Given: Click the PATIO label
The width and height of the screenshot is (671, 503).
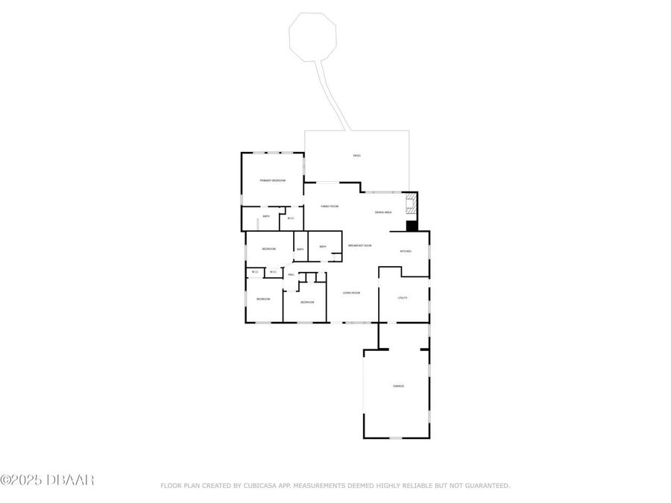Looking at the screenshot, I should click(x=357, y=155).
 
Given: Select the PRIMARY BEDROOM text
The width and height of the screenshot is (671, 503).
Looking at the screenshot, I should click(x=272, y=180).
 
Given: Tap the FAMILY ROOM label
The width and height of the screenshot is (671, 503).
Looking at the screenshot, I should click(x=330, y=206).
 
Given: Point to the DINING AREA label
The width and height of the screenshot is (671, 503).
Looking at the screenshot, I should click(x=383, y=212).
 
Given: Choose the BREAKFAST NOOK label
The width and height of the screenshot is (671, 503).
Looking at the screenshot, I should click(x=359, y=245).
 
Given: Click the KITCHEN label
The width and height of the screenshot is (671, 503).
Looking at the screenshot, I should click(x=406, y=251).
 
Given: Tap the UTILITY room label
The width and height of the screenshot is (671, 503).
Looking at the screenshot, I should click(x=402, y=297).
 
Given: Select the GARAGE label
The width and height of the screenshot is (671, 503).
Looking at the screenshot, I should click(x=399, y=386).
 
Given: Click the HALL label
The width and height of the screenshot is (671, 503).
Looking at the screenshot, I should click(x=291, y=274).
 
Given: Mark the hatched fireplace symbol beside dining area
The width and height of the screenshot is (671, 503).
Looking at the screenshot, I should click(x=410, y=201).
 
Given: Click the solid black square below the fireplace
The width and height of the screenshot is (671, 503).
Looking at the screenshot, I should click(x=411, y=225).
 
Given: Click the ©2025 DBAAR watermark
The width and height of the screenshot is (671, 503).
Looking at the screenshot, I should click(x=47, y=481).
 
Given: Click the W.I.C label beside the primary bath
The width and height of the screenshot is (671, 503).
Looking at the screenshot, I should click(x=291, y=218).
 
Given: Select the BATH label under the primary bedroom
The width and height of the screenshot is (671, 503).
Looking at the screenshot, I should click(x=265, y=217).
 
